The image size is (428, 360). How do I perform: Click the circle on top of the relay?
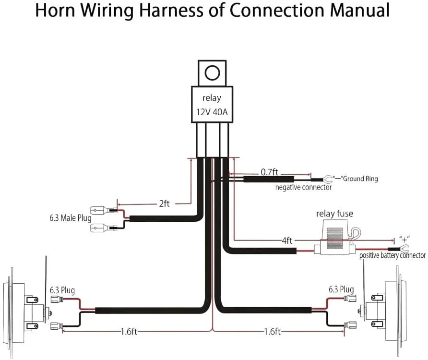[x=212, y=73]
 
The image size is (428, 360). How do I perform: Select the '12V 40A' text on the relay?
[x=212, y=112]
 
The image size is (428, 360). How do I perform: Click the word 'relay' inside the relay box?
[x=212, y=98]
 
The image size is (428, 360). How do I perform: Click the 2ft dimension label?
[x=164, y=204]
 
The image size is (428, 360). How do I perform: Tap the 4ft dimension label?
[x=287, y=240]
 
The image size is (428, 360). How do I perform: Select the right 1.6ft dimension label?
[x=272, y=332]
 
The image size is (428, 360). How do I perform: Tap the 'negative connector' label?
[x=303, y=188]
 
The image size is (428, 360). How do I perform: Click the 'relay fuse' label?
[x=334, y=214]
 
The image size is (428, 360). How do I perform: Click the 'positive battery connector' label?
[x=392, y=256]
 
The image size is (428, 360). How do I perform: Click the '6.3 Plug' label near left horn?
[x=62, y=290]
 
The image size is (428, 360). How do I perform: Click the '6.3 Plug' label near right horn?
[x=341, y=289]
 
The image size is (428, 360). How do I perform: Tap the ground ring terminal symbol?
[x=329, y=180]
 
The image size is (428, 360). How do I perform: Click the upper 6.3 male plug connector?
[x=104, y=210]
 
